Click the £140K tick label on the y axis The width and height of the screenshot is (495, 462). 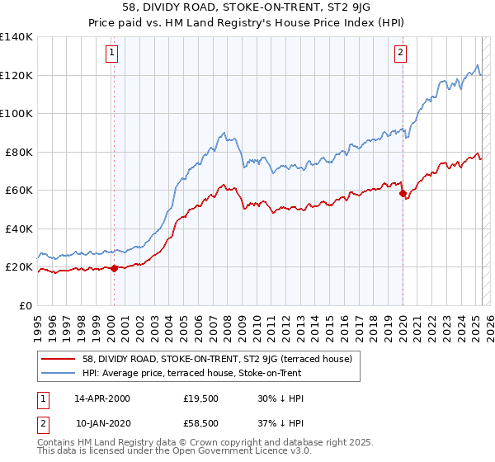[16, 37]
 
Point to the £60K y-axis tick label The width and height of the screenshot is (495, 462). [19, 190]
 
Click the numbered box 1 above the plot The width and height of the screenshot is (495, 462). [111, 54]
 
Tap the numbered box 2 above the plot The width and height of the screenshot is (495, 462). [399, 54]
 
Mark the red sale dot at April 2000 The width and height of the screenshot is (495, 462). [114, 267]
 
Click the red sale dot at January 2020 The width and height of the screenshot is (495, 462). [403, 194]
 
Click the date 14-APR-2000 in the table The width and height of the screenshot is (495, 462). [102, 398]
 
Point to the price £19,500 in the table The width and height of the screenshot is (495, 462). [201, 398]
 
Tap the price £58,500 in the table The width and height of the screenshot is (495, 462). [201, 423]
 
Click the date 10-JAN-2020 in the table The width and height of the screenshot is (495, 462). [102, 423]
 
